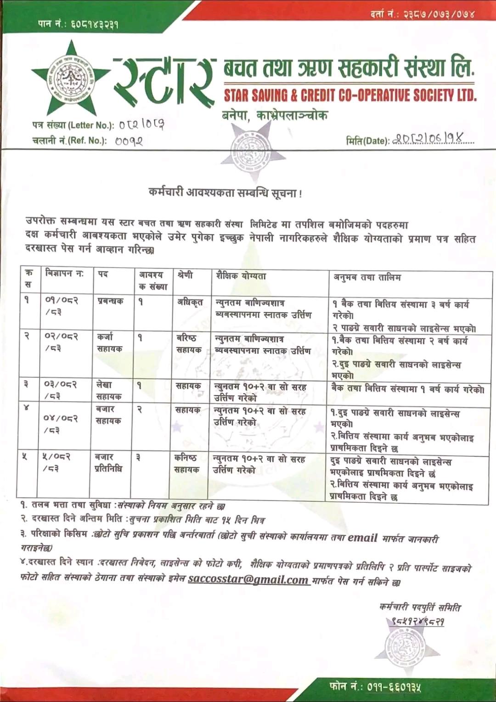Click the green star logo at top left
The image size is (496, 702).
click(71, 79)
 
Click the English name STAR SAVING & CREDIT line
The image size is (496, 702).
click(350, 95)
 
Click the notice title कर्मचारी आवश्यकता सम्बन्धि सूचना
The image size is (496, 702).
click(225, 193)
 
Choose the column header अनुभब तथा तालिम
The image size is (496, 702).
click(367, 277)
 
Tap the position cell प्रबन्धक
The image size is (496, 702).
click(110, 301)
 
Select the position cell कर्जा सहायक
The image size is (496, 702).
click(109, 343)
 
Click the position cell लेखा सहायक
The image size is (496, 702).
click(109, 390)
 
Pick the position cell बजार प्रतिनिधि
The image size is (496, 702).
click(108, 462)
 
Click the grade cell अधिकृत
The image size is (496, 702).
click(190, 302)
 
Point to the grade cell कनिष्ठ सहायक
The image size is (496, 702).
click(186, 463)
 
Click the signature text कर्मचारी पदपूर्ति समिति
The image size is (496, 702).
click(420, 607)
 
